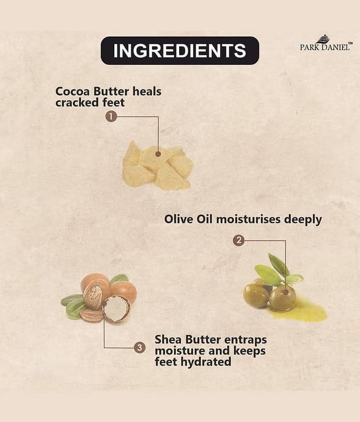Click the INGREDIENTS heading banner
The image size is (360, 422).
[x=180, y=51]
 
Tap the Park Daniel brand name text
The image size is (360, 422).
[x=325, y=47]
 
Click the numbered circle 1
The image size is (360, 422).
[x=111, y=117]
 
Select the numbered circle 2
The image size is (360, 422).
[x=238, y=241]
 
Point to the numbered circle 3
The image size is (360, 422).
[x=140, y=348]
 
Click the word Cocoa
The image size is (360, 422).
[x=73, y=91]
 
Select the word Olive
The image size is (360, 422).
[x=179, y=219]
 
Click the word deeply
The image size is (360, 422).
[x=303, y=220]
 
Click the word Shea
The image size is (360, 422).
[x=168, y=339]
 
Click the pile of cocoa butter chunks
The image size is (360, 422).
[x=158, y=165]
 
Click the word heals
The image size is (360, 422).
[x=147, y=91]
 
